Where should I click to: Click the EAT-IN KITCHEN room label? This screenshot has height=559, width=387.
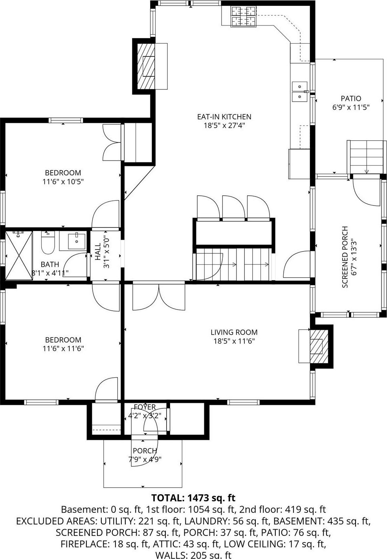pyautogui.click(x=224, y=117)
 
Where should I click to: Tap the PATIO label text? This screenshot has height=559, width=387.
pyautogui.click(x=350, y=98)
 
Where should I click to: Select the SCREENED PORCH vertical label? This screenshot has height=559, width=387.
pyautogui.click(x=345, y=257)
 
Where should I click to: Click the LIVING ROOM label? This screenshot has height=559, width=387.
pyautogui.click(x=234, y=332)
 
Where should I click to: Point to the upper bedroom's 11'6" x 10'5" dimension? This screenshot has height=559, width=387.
pyautogui.click(x=63, y=182)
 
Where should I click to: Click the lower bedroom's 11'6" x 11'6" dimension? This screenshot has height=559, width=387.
pyautogui.click(x=63, y=348)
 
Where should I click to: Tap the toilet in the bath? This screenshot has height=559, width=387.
pyautogui.click(x=48, y=243)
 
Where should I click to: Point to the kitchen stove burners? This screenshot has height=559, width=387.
pyautogui.click(x=243, y=16)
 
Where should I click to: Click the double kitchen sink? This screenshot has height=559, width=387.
pyautogui.click(x=299, y=91)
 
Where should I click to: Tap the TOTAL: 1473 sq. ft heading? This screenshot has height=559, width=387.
pyautogui.click(x=193, y=498)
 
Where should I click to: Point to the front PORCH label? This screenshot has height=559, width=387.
pyautogui.click(x=145, y=451)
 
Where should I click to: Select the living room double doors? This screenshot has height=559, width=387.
pyautogui.click(x=159, y=297)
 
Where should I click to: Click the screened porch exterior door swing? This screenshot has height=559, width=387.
pyautogui.click(x=367, y=192)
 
